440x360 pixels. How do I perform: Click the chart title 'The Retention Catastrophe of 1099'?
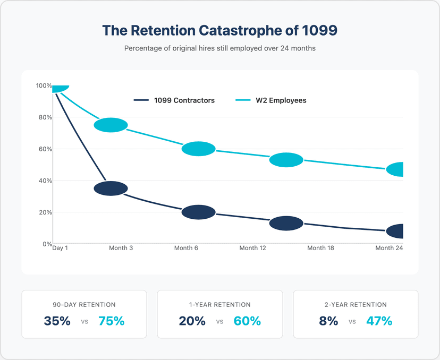[219, 31]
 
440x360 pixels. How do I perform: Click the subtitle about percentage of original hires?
[219, 48]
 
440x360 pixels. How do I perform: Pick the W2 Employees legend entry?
[270, 100]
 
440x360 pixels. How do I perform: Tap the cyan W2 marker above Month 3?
[111, 125]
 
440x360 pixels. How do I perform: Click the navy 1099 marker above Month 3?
[111, 188]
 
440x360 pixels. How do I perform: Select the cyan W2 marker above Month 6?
[198, 149]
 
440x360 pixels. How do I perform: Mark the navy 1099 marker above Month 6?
[198, 212]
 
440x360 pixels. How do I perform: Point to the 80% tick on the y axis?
[44, 117]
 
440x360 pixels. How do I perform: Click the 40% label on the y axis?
[44, 181]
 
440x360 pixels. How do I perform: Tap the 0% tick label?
[45, 244]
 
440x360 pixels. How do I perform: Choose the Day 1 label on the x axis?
[60, 248]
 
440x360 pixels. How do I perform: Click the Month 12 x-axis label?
[252, 248]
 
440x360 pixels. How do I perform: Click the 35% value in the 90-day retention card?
[57, 321]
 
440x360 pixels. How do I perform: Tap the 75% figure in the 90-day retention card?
[111, 321]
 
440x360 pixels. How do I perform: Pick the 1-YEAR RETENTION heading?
[220, 305]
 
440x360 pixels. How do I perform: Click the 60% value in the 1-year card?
[247, 321]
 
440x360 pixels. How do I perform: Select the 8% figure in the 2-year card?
[328, 321]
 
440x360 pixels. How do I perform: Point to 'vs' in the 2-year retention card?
[352, 321]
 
